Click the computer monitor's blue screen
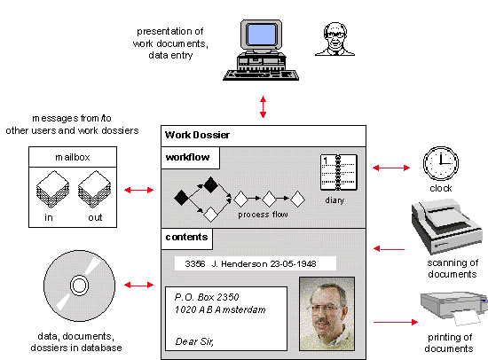(x=261, y=35)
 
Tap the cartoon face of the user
(x=335, y=39)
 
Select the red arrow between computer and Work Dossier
(x=263, y=106)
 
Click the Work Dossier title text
(x=197, y=135)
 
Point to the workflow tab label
(x=188, y=157)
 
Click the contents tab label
(x=186, y=237)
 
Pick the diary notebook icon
(x=339, y=172)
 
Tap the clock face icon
(x=441, y=163)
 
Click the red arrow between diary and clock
(x=391, y=168)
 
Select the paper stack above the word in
(x=52, y=189)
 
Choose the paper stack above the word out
(x=94, y=189)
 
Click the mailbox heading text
(x=73, y=158)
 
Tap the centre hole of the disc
(x=79, y=286)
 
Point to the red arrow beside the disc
(x=138, y=285)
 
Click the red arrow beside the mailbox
(x=138, y=190)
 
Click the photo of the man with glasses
(x=327, y=314)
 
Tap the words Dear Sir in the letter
(x=194, y=341)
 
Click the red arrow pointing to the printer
(x=396, y=322)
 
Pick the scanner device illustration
(x=446, y=226)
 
